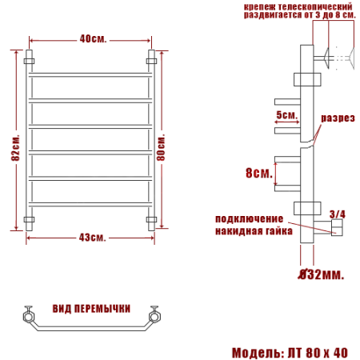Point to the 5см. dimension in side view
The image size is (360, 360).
pyautogui.click(x=286, y=115)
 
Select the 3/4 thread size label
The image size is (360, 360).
pyautogui.click(x=338, y=214)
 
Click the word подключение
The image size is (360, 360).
pyautogui.click(x=248, y=218)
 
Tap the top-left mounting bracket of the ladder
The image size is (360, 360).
pyautogui.click(x=30, y=60)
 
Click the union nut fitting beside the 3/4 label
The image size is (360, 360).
pyautogui.click(x=336, y=230)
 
